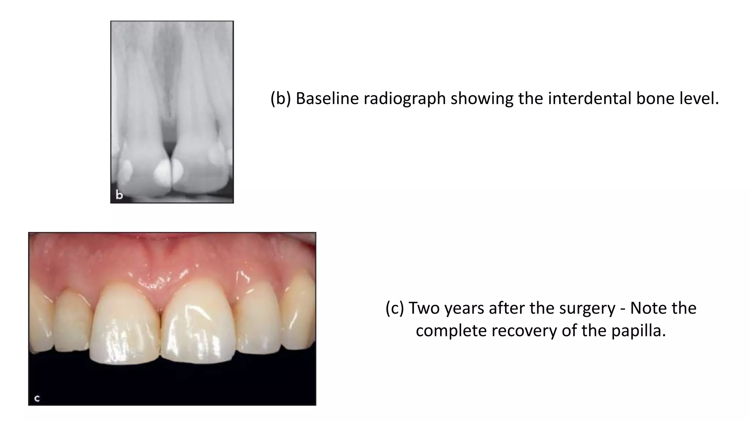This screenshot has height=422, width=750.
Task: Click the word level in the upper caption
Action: [698, 99]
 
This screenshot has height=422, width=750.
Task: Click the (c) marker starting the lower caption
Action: [395, 308]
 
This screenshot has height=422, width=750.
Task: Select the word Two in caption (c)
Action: [423, 308]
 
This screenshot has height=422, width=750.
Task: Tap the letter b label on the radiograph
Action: [119, 195]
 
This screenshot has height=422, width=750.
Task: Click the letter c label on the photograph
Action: [37, 398]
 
